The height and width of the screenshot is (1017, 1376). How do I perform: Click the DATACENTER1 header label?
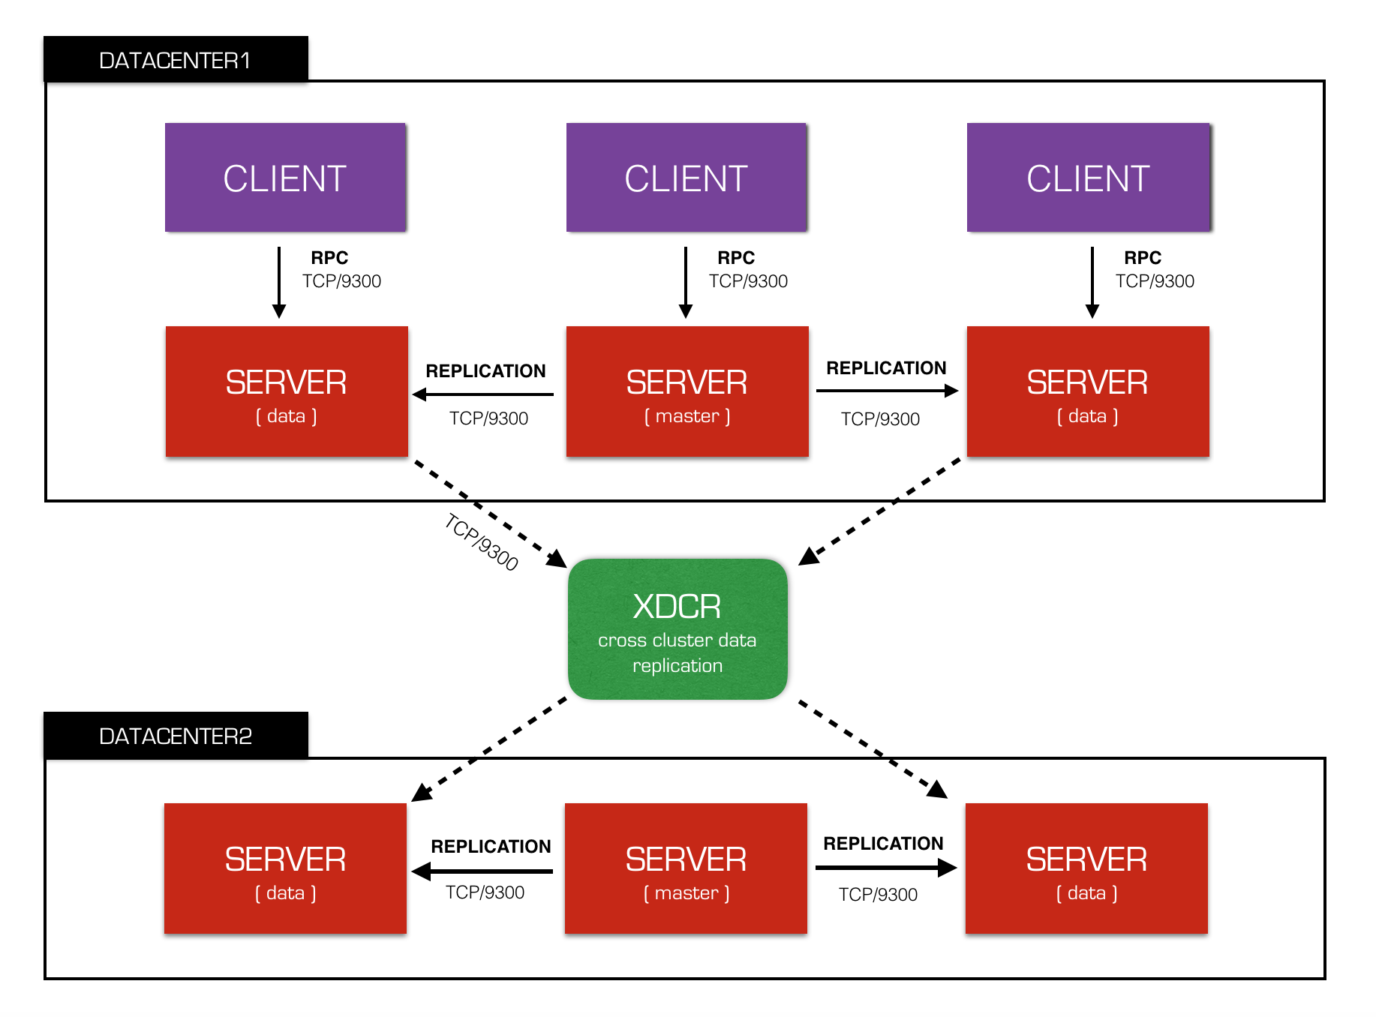pos(176,59)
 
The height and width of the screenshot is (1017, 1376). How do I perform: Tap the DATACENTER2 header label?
pos(176,736)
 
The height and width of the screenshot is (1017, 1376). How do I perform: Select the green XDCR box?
pos(677,629)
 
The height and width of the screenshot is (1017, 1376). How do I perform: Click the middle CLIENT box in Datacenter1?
pos(686,178)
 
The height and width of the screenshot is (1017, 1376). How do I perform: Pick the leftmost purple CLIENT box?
pos(285,178)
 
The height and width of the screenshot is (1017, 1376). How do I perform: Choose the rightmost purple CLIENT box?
pos(1089,178)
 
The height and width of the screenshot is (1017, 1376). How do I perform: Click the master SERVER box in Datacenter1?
pos(687,391)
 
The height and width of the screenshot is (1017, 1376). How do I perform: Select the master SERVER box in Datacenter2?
pos(686,868)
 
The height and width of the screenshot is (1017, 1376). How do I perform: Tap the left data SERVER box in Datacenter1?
pos(287,391)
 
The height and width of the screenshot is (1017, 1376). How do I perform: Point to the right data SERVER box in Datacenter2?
pos(1086,868)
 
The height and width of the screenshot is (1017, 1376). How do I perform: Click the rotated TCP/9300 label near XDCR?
pos(482,541)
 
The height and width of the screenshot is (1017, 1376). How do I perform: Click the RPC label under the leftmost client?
pos(329,258)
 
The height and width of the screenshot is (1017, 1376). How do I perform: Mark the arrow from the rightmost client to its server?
pos(1092,283)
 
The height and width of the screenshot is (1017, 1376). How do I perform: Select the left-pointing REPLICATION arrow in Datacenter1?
pos(483,394)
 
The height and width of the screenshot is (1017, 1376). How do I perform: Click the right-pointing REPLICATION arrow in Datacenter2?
pos(886,868)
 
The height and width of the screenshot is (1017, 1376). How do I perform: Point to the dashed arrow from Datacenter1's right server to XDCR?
pos(879,511)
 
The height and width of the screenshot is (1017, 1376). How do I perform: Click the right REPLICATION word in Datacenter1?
pos(886,368)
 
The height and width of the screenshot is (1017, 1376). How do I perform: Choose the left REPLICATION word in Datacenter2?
pos(491,847)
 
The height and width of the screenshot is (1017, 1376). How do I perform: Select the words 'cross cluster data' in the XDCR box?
pos(677,640)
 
